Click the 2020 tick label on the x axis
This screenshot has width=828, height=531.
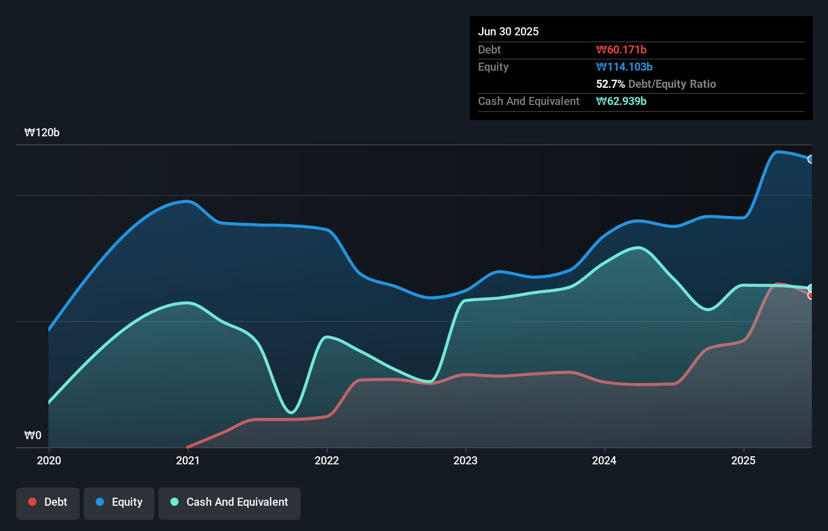[x=49, y=460]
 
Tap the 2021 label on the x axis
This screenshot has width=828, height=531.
[x=188, y=460]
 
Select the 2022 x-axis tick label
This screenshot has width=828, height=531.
[x=327, y=460]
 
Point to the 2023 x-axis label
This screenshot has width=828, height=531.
[x=465, y=460]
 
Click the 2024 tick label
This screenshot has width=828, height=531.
[x=604, y=460]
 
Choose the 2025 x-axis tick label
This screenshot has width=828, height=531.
[x=743, y=460]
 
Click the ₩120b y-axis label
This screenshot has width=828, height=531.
[x=42, y=132]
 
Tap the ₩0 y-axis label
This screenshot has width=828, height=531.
[x=33, y=435]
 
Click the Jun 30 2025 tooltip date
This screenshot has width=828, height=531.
[x=508, y=31]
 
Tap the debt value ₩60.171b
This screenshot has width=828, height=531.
[x=621, y=49]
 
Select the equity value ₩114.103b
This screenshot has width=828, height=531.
[x=624, y=67]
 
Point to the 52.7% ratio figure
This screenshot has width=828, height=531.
[x=610, y=84]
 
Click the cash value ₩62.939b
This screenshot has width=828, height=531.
[x=621, y=101]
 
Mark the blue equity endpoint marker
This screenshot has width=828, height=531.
[x=811, y=160]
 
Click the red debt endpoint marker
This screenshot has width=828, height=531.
[x=811, y=296]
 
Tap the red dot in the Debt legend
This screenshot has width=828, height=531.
[x=32, y=502]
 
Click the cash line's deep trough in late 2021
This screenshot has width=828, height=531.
[x=291, y=412]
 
